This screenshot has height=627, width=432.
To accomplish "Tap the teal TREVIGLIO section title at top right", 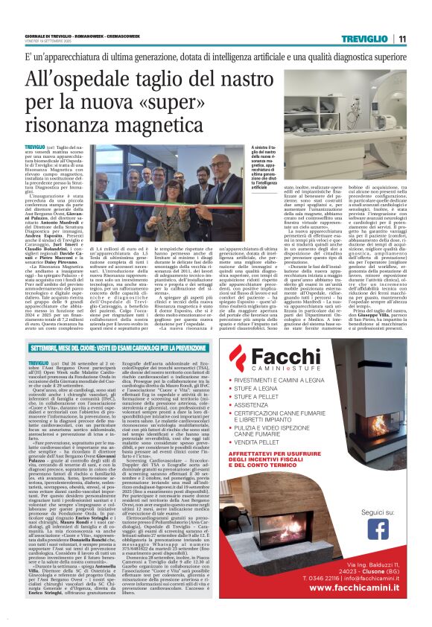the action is coord(365,39).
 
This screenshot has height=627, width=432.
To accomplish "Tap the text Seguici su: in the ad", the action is coord(378,503).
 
